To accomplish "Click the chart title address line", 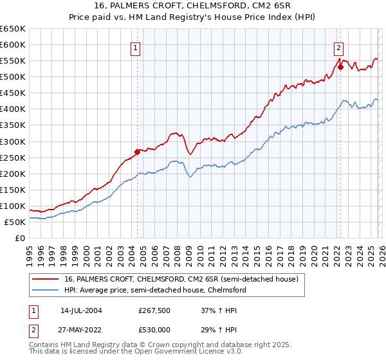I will click(192, 6).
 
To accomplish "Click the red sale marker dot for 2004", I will click(137, 152).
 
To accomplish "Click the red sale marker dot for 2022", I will click(340, 66).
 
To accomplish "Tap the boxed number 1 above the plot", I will click(136, 47).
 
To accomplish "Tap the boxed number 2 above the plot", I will click(338, 47).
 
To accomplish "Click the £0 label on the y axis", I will click(19, 239).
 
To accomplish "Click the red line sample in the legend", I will click(46, 280).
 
